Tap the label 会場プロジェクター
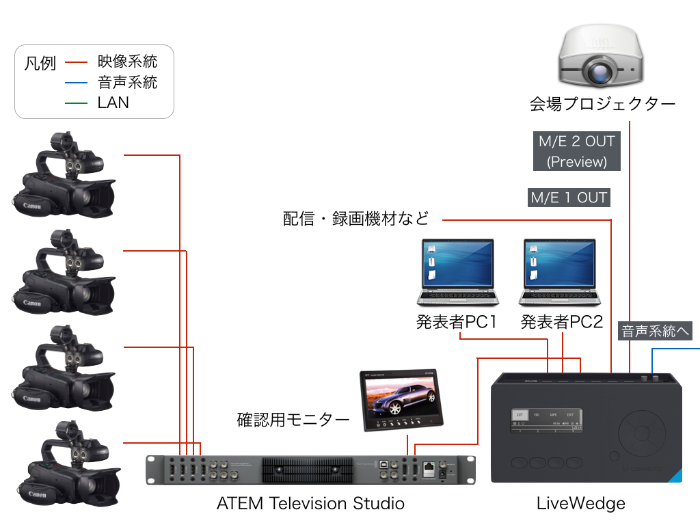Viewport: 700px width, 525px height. tap(602, 105)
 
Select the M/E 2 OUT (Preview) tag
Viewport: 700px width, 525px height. tap(577, 152)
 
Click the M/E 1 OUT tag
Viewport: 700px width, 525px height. tap(569, 198)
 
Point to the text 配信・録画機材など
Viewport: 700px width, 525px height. tap(356, 219)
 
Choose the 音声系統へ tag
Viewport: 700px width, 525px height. tap(656, 332)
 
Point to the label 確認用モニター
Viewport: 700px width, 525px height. tap(293, 419)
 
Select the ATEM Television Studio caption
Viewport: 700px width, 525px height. tap(310, 504)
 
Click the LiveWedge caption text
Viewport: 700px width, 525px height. tap(580, 504)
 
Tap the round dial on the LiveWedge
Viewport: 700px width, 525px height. tap(642, 433)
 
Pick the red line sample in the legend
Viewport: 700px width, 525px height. tap(77, 63)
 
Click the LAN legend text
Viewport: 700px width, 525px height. tap(113, 103)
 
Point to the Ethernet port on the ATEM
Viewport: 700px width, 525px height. tap(429, 469)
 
